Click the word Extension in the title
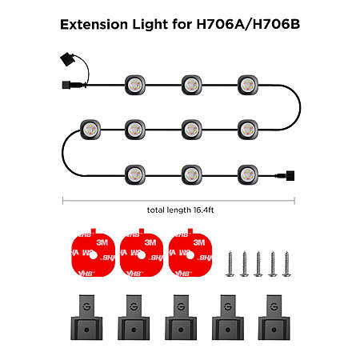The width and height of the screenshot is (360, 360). pyautogui.click(x=94, y=24)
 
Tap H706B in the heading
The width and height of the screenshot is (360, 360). pyautogui.click(x=276, y=24)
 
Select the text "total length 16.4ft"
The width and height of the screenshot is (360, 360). pyautogui.click(x=180, y=210)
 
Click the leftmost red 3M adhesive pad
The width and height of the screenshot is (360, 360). pyautogui.click(x=93, y=253)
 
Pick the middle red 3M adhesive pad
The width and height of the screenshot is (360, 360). pyautogui.click(x=142, y=253)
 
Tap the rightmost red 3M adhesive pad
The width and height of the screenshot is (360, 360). pyautogui.click(x=190, y=253)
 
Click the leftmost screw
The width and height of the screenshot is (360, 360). pyautogui.click(x=230, y=263)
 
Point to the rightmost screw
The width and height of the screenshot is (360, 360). pyautogui.click(x=286, y=263)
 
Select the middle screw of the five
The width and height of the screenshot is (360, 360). pyautogui.click(x=258, y=263)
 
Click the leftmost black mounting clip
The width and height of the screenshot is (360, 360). pyautogui.click(x=86, y=318)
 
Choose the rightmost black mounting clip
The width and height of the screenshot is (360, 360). pyautogui.click(x=274, y=318)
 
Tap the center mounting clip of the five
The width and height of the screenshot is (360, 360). pyautogui.click(x=181, y=318)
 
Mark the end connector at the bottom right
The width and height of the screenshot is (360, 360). pyautogui.click(x=290, y=175)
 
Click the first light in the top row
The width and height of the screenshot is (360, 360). pyautogui.click(x=135, y=85)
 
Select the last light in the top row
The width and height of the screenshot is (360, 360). pyautogui.click(x=248, y=85)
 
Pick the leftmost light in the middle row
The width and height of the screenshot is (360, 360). pyautogui.click(x=90, y=130)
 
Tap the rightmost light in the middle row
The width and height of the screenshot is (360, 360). pyautogui.click(x=248, y=130)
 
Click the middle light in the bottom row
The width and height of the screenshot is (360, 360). pyautogui.click(x=191, y=175)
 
